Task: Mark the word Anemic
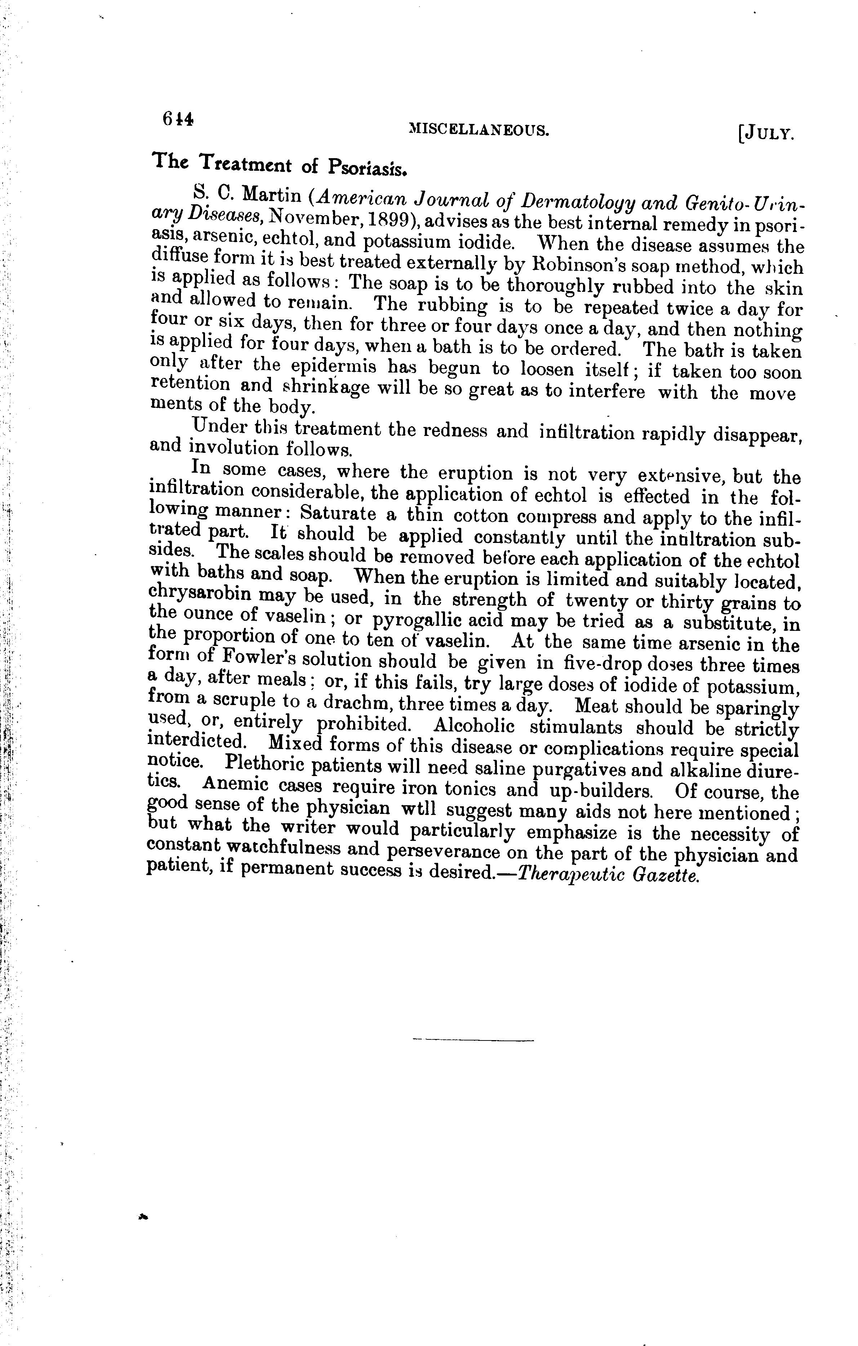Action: coord(235,785)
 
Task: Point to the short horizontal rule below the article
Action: coord(473,1040)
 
